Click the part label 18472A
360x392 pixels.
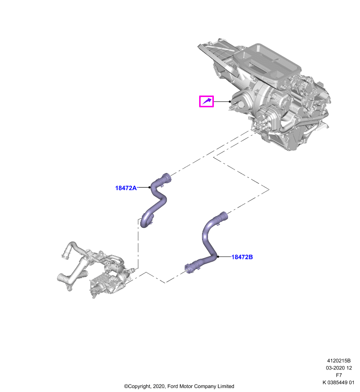click(x=126, y=188)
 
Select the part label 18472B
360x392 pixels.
click(x=242, y=257)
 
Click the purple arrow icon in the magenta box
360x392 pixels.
click(x=206, y=101)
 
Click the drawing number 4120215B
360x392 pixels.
click(x=339, y=361)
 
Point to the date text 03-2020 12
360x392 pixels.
click(x=339, y=368)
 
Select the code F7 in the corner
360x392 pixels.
click(x=339, y=375)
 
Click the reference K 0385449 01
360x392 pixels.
click(x=338, y=382)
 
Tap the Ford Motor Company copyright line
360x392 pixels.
click(x=179, y=386)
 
